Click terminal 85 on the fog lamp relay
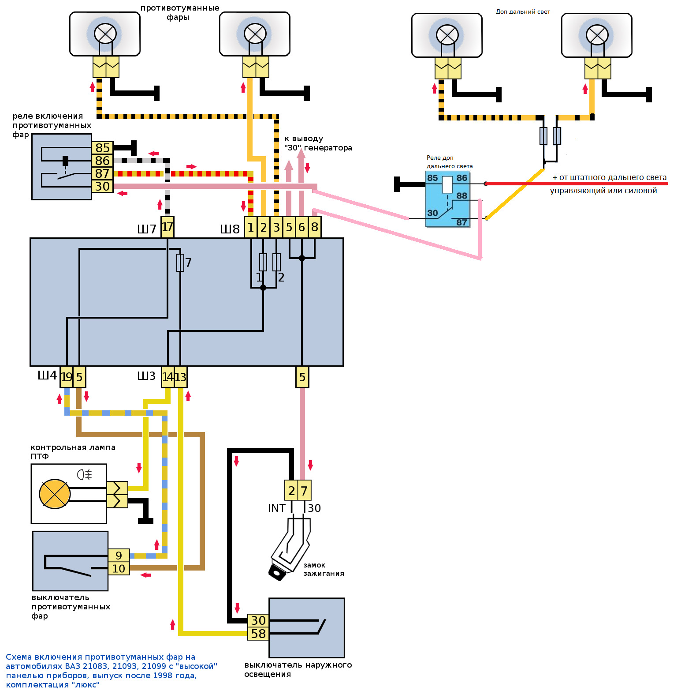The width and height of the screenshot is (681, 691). coord(102,148)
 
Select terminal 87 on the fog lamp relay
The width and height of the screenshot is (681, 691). coord(102,173)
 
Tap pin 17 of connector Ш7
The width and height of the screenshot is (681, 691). coord(167,227)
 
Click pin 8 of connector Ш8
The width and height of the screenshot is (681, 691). coord(314,227)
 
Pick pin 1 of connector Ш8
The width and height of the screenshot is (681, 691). coord(250,227)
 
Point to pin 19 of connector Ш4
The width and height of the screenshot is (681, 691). coord(66,377)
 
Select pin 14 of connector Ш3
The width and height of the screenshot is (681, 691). coord(167,377)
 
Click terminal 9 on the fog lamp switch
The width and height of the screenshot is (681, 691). coord(119,556)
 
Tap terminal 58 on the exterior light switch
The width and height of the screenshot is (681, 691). coord(258,634)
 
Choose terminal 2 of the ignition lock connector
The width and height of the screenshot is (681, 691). coord(291,491)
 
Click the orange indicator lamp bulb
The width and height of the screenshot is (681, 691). coord(55,494)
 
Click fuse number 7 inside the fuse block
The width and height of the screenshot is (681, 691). coord(180,263)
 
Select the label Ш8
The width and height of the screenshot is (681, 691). coord(230,229)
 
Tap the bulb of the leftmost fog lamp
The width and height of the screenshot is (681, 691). coord(105,34)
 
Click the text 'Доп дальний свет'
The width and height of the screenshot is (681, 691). coord(523,12)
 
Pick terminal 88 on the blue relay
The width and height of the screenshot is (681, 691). coord(461,196)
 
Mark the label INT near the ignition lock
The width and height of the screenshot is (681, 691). coord(276,508)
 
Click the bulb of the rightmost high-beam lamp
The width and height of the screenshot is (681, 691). coord(597,35)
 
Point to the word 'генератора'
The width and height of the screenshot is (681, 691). coord(328,148)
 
